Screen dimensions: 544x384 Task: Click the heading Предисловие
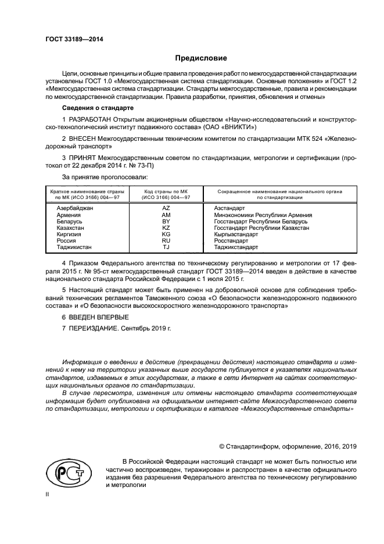coord(202,58)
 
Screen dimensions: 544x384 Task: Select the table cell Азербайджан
coord(74,208)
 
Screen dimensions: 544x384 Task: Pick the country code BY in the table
coord(166,222)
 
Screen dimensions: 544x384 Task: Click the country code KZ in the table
coord(166,228)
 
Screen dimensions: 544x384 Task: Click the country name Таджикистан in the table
coord(74,247)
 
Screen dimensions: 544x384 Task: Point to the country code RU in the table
coord(166,241)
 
